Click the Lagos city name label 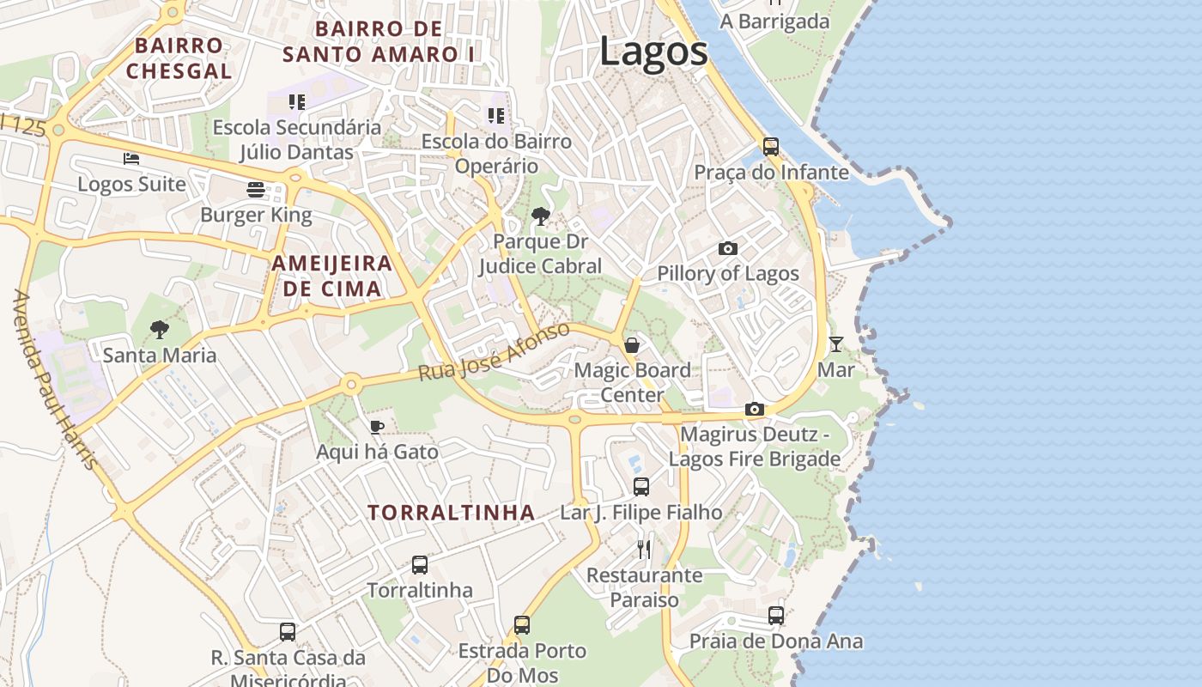pos(653,51)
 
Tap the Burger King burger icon pos(256,189)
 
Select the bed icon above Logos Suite pos(131,159)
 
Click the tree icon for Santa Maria pos(159,329)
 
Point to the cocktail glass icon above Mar pos(835,344)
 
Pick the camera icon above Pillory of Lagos pos(727,248)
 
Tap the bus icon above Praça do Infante pos(771,147)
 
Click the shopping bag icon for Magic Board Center pos(632,345)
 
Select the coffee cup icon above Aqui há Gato pos(377,426)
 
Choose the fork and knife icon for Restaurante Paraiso pos(644,550)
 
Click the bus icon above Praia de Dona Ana pos(776,615)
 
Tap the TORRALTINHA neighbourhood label pos(452,513)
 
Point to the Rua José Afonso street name pos(494,352)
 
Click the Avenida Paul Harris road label pos(53,380)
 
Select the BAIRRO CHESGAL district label pos(179,58)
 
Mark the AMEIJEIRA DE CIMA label pos(332,276)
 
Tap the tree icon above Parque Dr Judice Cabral pos(541,216)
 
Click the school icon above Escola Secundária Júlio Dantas pos(297,102)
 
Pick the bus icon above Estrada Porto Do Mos pos(522,624)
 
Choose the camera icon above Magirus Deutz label pos(755,409)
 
